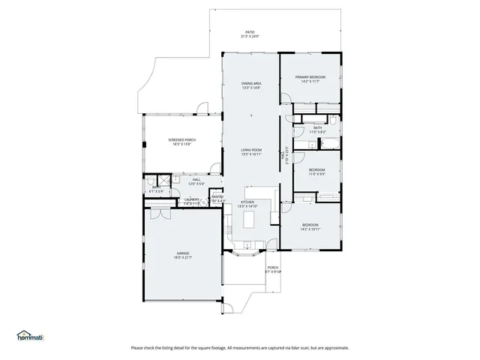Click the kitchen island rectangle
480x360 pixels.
point(248,220)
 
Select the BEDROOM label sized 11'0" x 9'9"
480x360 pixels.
point(316,172)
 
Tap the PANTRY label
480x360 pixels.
point(217,199)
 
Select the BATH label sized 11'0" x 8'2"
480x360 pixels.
point(317,130)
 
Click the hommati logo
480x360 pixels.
point(30,336)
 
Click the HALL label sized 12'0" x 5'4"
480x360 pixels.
point(196,181)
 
